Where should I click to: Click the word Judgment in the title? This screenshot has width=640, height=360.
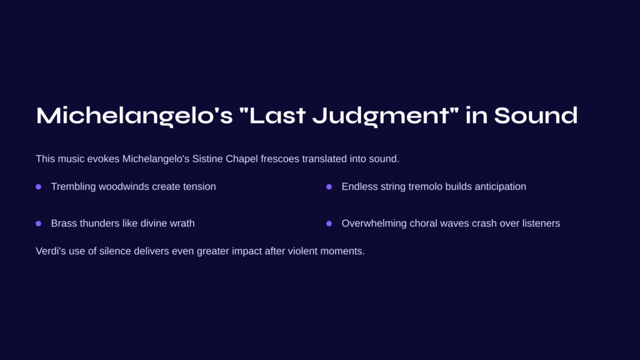pyautogui.click(x=385, y=116)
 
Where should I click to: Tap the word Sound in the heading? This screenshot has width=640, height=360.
pyautogui.click(x=536, y=116)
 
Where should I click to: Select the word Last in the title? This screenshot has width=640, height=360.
pyautogui.click(x=277, y=116)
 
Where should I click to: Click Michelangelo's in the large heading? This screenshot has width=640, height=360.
pyautogui.click(x=134, y=116)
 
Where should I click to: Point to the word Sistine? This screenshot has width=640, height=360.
pyautogui.click(x=207, y=159)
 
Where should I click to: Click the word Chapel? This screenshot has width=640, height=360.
pyautogui.click(x=242, y=159)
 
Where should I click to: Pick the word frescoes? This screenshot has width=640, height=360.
pyautogui.click(x=280, y=159)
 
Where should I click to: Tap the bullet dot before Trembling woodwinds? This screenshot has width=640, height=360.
pyautogui.click(x=38, y=187)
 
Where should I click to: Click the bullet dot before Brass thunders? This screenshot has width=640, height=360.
pyautogui.click(x=38, y=224)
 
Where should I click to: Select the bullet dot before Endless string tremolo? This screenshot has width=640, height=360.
pyautogui.click(x=329, y=187)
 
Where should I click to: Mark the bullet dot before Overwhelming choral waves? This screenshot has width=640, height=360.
pyautogui.click(x=329, y=224)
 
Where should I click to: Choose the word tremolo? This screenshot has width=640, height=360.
pyautogui.click(x=425, y=186)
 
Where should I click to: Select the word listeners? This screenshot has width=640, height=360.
pyautogui.click(x=541, y=223)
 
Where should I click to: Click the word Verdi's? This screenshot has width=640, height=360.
pyautogui.click(x=51, y=251)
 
